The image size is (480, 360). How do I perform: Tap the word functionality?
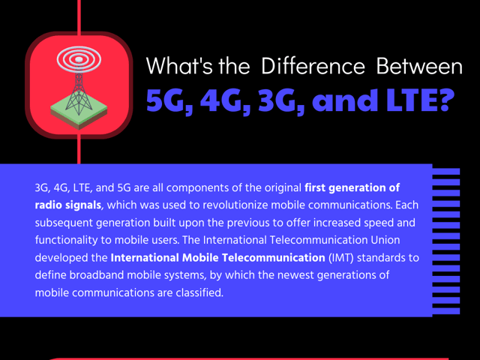click(67, 240)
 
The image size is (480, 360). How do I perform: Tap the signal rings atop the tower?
click(78, 58)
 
